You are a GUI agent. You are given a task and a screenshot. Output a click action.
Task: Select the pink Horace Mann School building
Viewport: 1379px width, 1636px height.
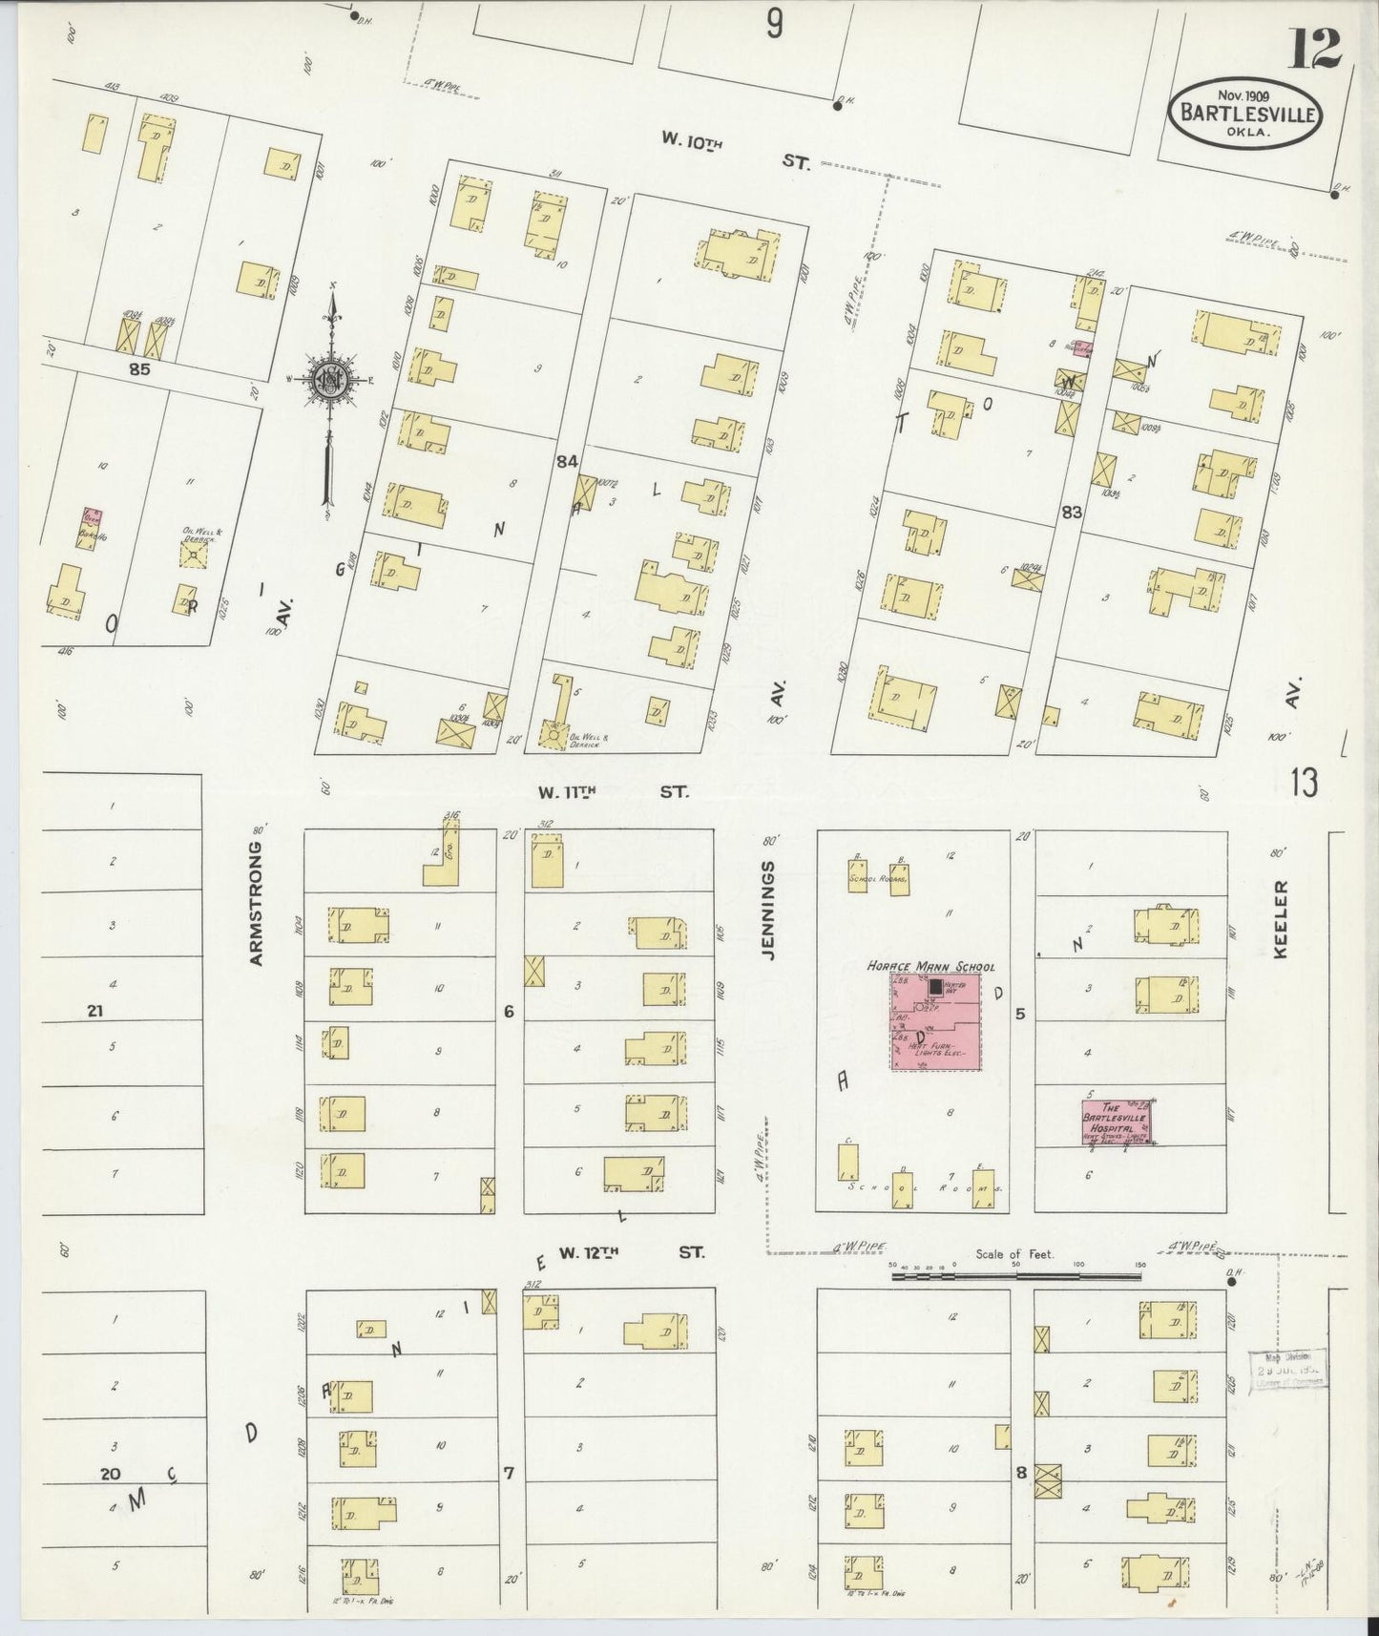tap(935, 1022)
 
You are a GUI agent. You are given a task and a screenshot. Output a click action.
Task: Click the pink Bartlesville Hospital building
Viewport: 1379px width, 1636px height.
tap(1117, 1122)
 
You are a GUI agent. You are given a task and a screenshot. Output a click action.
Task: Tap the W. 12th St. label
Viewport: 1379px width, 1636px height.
tap(631, 1252)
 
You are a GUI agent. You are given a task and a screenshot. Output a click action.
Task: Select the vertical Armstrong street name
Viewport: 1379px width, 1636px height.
tap(257, 903)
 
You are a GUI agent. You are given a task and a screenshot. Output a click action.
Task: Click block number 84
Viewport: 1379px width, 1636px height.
tap(568, 462)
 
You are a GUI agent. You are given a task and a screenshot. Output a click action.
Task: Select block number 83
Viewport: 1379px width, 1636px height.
tap(1071, 512)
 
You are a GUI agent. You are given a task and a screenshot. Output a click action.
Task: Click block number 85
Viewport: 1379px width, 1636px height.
tap(140, 369)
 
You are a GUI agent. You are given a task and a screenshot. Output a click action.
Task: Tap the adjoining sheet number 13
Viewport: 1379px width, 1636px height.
tap(1304, 783)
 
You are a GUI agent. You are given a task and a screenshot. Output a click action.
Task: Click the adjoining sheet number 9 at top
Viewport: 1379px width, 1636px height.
tap(774, 24)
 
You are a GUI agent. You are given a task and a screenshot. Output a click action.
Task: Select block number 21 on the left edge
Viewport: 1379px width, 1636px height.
tap(94, 1011)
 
